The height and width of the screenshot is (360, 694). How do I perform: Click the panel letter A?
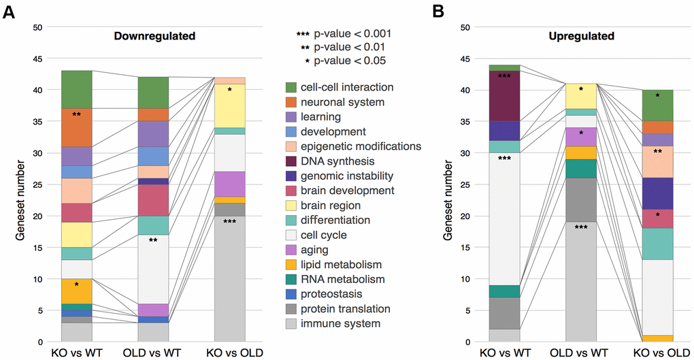pyautogui.click(x=10, y=13)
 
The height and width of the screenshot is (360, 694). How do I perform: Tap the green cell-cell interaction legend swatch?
pyautogui.click(x=291, y=87)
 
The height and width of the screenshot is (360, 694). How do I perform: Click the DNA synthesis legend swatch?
pyautogui.click(x=291, y=161)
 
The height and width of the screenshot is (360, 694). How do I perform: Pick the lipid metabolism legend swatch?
pyautogui.click(x=291, y=264)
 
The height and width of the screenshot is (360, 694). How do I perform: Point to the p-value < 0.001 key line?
pyautogui.click(x=343, y=33)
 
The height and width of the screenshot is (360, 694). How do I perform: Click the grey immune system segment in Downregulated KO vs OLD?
pyautogui.click(x=229, y=279)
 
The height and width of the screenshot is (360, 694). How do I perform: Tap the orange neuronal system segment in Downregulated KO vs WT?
pyautogui.click(x=77, y=127)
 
